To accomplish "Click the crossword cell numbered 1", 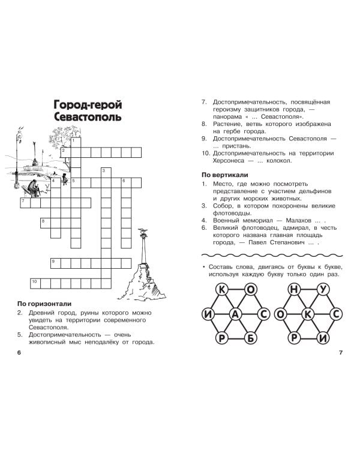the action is (x=76, y=142).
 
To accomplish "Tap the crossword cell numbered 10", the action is (x=35, y=283).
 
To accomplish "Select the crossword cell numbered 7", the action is (x=25, y=203).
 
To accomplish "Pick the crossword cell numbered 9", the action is (x=56, y=263).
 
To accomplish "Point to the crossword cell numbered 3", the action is (x=106, y=172).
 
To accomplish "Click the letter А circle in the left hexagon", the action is (x=235, y=314).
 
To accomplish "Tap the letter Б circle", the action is (x=251, y=338).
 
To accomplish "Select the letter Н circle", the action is (x=294, y=290).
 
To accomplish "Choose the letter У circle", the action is (x=323, y=290).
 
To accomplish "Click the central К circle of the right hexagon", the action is (x=308, y=314).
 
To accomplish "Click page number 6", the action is (x=19, y=352).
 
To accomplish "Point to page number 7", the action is (x=341, y=352).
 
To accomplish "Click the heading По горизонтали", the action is (x=44, y=304).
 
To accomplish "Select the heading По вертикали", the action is (x=225, y=175).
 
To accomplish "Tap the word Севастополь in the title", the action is (x=88, y=117).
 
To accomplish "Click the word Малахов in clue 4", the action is (x=299, y=220).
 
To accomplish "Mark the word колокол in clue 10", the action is (x=279, y=161).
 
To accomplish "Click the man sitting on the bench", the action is (x=34, y=188).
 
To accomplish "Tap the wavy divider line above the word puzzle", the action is (x=272, y=255).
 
